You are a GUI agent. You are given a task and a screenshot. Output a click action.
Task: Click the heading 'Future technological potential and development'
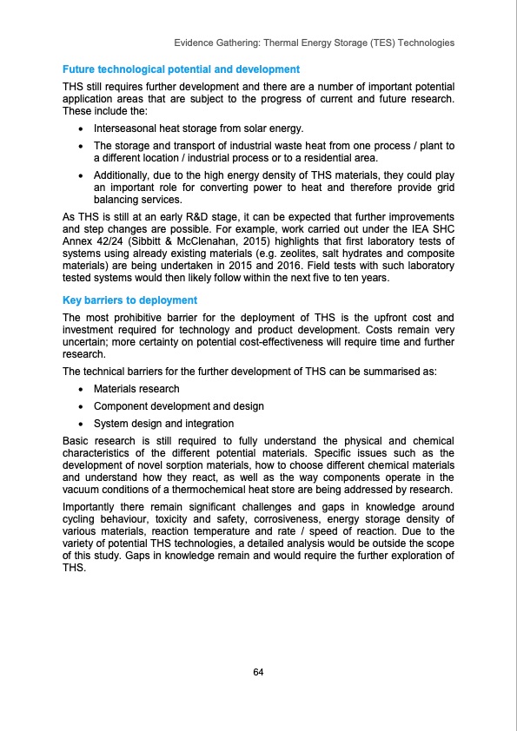[x=181, y=69]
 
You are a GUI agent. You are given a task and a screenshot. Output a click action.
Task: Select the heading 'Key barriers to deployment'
[x=130, y=300]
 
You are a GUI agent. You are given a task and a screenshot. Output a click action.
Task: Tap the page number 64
[x=258, y=673]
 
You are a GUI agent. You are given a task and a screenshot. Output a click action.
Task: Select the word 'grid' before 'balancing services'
[x=443, y=188]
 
